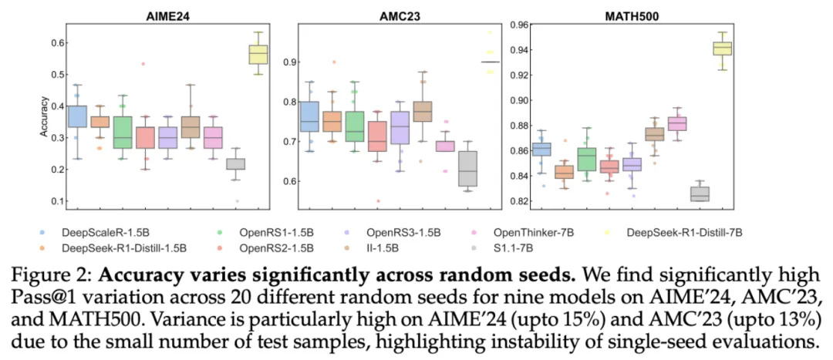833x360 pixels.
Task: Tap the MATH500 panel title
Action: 619,15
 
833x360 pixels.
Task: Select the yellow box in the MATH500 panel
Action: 722,49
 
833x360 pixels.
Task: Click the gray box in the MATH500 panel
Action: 700,193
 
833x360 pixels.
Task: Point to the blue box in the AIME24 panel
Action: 77,116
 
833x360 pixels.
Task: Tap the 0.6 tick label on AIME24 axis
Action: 56,42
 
